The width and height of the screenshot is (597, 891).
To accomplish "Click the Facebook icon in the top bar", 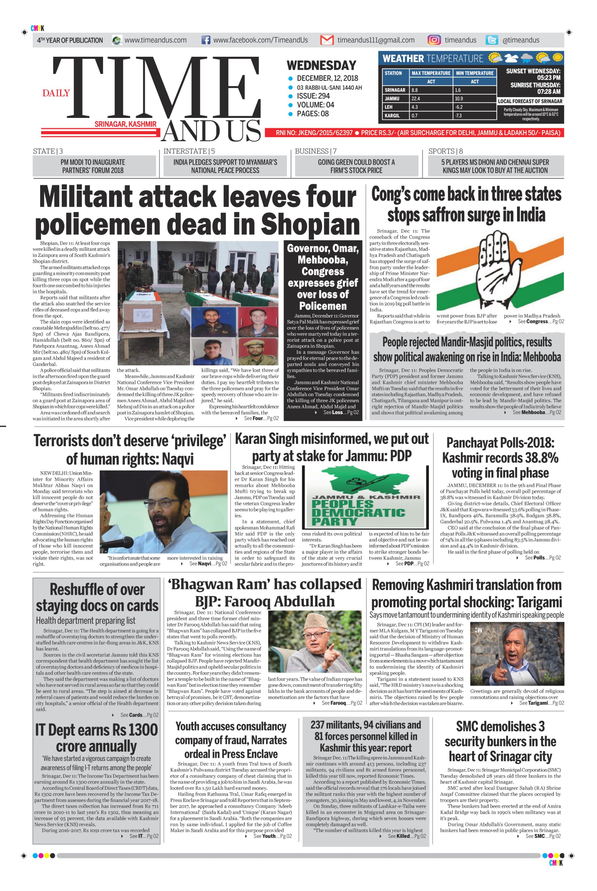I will pos(206,40).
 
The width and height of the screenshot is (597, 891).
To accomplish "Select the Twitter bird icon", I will pos(492,40).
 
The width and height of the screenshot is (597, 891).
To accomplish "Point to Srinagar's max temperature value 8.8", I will pos(415,90).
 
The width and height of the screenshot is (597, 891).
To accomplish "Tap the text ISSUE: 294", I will pos(313,96).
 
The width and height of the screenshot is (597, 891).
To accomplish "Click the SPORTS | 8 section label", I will pos(445,151).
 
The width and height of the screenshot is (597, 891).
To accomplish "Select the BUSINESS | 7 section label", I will pos(316,151).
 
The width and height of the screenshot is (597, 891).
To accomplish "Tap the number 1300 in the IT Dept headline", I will pos(143,730).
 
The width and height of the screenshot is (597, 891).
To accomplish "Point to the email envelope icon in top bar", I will pos(327,40).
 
